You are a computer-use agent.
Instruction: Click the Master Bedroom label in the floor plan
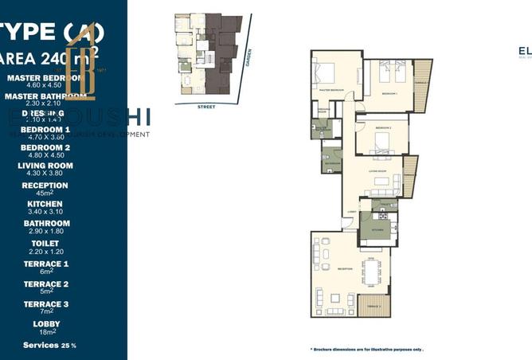tap(331, 90)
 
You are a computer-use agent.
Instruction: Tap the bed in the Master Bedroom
tap(326, 72)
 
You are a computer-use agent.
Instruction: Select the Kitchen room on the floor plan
tap(375, 228)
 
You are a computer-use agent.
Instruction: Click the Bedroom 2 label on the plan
tap(382, 127)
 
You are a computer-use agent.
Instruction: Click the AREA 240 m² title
tap(48, 57)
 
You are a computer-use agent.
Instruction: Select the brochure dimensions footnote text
tap(366, 349)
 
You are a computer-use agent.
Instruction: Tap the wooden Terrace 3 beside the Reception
tap(374, 307)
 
